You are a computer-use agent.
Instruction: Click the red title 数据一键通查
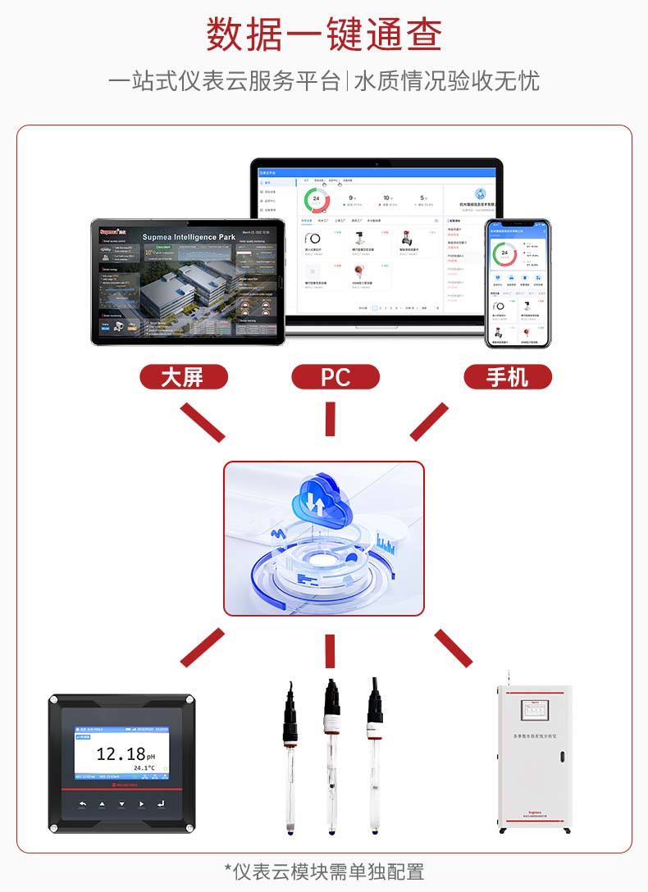[x=324, y=34]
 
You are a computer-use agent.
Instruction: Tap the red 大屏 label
[x=182, y=377]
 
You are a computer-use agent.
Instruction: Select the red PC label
[x=335, y=377]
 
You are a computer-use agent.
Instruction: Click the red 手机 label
[x=508, y=377]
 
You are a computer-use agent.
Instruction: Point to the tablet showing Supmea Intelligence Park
[x=188, y=281]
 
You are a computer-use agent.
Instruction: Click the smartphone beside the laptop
[x=518, y=283]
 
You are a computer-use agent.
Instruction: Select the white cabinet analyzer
[x=534, y=758]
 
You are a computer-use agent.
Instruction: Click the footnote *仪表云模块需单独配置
[x=324, y=872]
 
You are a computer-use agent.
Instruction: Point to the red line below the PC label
[x=330, y=419]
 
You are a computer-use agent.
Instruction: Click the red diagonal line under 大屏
[x=202, y=421]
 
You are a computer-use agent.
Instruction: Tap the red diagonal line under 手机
[x=429, y=421]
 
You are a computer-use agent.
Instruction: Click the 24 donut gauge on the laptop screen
[x=316, y=199]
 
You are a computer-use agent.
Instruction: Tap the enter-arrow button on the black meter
[x=161, y=803]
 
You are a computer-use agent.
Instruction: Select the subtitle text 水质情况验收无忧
[x=446, y=81]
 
